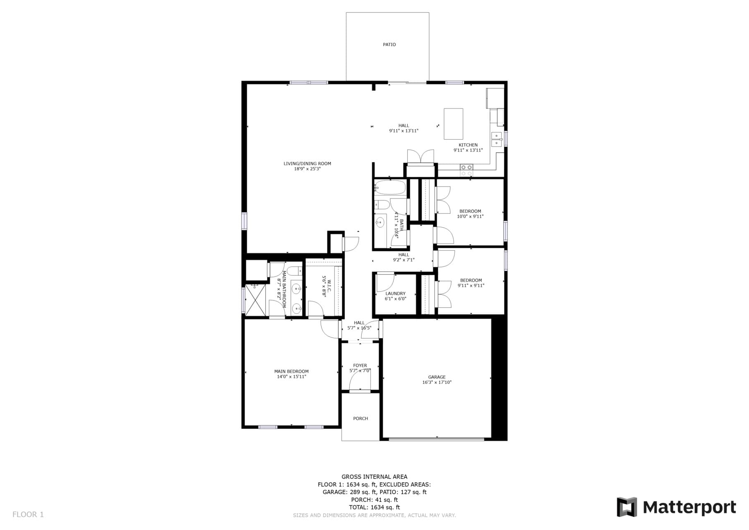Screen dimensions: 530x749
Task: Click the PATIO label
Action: coord(389,45)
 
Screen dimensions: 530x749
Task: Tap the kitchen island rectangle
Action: coord(453,124)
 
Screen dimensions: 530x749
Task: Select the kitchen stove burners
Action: coord(466,170)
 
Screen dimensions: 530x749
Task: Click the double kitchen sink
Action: coord(496,139)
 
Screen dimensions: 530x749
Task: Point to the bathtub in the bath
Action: coord(390,188)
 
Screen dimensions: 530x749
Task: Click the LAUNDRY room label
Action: coord(395,294)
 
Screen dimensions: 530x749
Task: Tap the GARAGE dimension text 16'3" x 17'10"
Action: coord(437,383)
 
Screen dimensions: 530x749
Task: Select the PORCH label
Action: coord(360,419)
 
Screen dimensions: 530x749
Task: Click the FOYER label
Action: coord(360,366)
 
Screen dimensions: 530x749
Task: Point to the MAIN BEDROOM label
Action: coord(291,371)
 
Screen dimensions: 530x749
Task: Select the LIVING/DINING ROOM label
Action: coord(307,164)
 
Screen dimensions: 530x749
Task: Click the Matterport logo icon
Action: coord(627,507)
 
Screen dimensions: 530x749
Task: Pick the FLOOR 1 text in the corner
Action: coord(28,515)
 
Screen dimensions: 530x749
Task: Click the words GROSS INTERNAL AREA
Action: coord(374,477)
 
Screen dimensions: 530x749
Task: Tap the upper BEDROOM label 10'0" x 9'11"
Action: coord(470,211)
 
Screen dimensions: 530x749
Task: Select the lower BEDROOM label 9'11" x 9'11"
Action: coord(471,280)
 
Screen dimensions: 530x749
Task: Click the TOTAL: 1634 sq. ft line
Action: coord(374,507)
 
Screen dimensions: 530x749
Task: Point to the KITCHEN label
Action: coord(468,145)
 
